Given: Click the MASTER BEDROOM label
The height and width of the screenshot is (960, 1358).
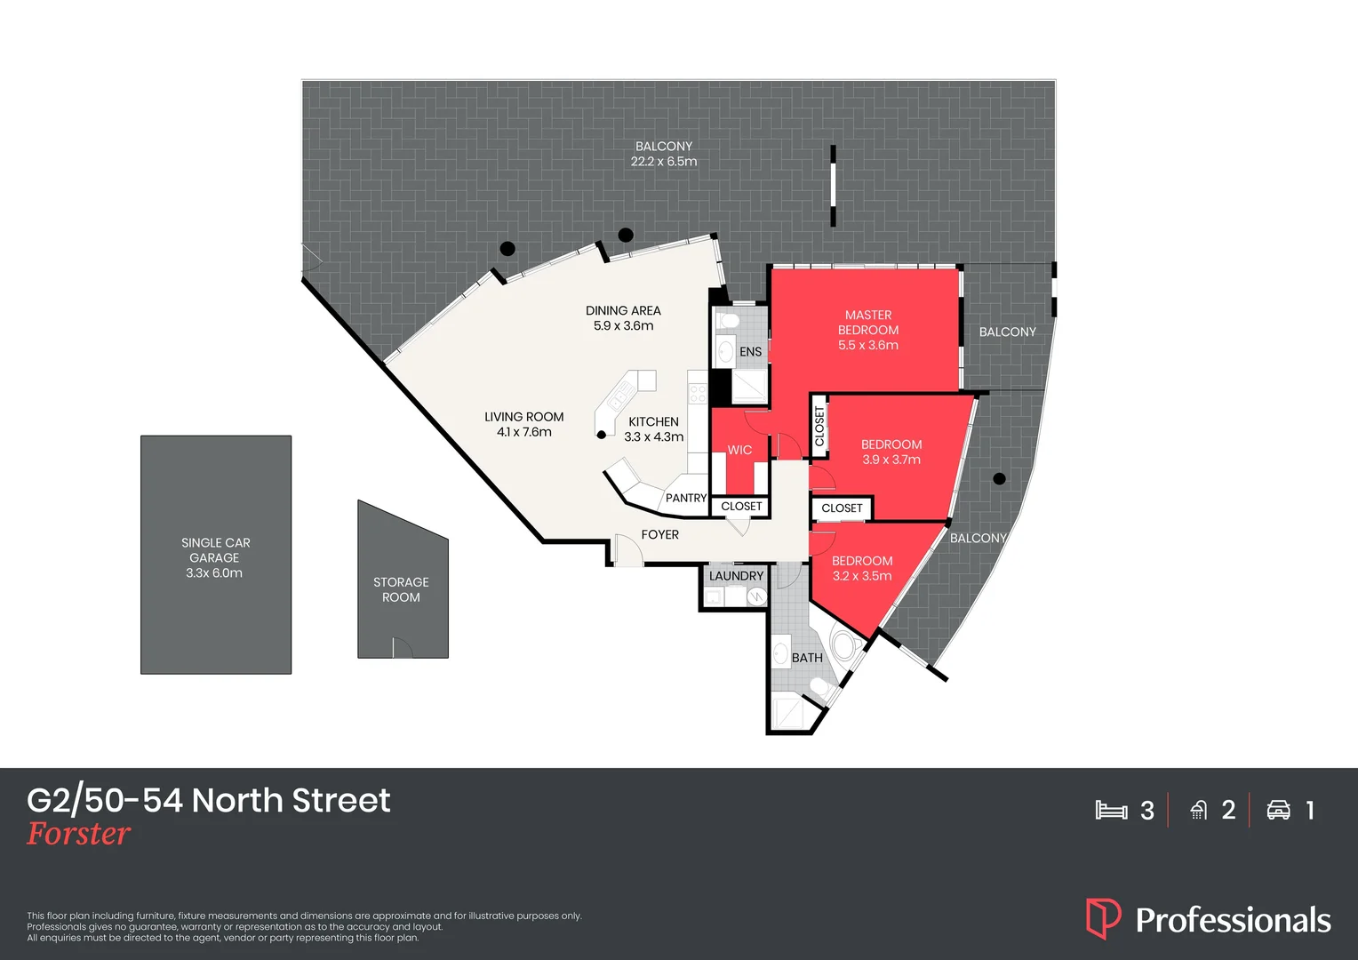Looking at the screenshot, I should pyautogui.click(x=868, y=323).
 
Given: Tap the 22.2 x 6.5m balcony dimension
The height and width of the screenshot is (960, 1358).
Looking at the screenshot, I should pyautogui.click(x=664, y=162).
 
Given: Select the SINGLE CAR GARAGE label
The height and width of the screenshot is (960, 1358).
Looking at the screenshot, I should pyautogui.click(x=215, y=550).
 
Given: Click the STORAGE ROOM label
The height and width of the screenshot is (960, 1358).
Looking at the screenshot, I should pyautogui.click(x=401, y=589).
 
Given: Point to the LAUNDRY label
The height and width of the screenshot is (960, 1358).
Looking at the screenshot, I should pyautogui.click(x=736, y=576).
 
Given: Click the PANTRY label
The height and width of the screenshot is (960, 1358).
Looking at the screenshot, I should pyautogui.click(x=686, y=498).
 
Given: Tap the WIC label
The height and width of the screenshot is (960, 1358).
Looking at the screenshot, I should pyautogui.click(x=739, y=450).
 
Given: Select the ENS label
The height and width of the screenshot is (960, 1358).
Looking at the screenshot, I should pyautogui.click(x=750, y=352).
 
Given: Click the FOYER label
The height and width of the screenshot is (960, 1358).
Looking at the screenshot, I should pyautogui.click(x=659, y=534).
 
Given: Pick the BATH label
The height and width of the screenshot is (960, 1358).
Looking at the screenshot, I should pyautogui.click(x=807, y=658).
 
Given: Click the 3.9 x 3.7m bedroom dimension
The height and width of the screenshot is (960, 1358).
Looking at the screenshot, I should pyautogui.click(x=891, y=460).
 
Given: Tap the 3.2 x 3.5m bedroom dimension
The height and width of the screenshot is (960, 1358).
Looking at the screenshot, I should pyautogui.click(x=862, y=576).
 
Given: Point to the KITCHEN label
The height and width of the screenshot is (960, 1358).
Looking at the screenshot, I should pyautogui.click(x=653, y=421).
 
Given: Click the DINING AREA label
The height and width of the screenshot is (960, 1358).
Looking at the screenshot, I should pyautogui.click(x=623, y=310).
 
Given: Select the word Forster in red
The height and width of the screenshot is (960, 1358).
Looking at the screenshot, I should pyautogui.click(x=79, y=834).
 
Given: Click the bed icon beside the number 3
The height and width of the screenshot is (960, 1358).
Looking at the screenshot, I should pyautogui.click(x=1111, y=810).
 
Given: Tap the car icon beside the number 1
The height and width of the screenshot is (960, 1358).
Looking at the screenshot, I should pyautogui.click(x=1278, y=810).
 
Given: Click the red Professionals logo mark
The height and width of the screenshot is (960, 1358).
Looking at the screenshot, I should pyautogui.click(x=1103, y=918).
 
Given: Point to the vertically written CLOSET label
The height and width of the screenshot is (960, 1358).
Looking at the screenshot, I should pyautogui.click(x=819, y=427).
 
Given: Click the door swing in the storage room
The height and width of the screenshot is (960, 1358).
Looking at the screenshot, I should pyautogui.click(x=402, y=648).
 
